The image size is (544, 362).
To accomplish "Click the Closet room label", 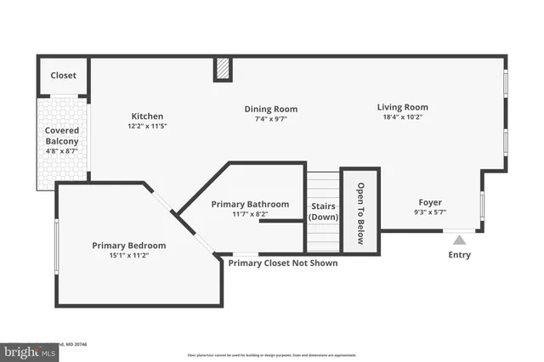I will click(63, 76).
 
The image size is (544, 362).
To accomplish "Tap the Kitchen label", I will click(147, 116).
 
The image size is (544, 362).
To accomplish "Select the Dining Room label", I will click(270, 109).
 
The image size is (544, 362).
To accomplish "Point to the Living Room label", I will click(402, 107).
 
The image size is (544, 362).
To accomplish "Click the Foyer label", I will click(430, 202).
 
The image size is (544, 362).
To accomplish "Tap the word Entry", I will click(459, 255).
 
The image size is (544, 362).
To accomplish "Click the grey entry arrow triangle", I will click(459, 240).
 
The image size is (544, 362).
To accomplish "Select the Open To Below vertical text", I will click(360, 213).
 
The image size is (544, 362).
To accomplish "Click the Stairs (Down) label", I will click(322, 211).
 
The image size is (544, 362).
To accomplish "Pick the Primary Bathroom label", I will click(250, 205).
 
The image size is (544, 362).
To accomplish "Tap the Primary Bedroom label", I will click(129, 246).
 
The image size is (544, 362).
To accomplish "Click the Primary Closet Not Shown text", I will click(282, 263).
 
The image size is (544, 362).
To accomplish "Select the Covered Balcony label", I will click(61, 136).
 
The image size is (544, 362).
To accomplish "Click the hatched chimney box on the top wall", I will click(223, 69).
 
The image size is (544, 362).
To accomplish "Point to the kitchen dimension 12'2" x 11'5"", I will click(147, 127).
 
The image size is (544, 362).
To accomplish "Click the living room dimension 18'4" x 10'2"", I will click(402, 117).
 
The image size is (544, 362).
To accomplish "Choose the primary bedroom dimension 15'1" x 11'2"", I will click(129, 256).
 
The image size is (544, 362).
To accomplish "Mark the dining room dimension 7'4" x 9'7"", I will click(270, 119).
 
